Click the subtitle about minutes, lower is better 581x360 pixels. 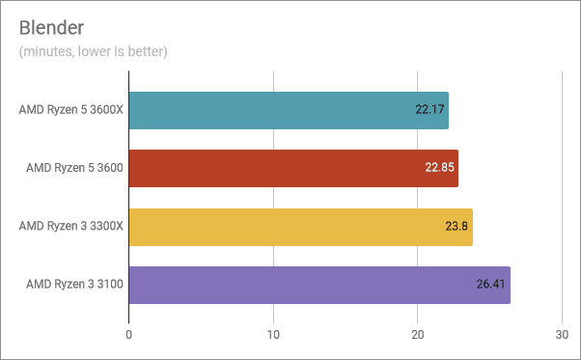pyautogui.click(x=93, y=51)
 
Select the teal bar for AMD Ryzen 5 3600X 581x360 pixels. pyautogui.click(x=288, y=110)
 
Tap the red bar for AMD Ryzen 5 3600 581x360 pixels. pyautogui.click(x=292, y=168)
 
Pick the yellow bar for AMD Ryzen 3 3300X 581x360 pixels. pyautogui.click(x=299, y=227)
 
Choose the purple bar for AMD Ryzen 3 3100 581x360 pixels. pyautogui.click(x=318, y=285)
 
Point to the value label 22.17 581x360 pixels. pyautogui.click(x=429, y=110)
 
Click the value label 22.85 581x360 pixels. pyautogui.click(x=439, y=168)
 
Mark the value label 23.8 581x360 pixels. pyautogui.click(x=456, y=227)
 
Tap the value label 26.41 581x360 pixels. pyautogui.click(x=491, y=285)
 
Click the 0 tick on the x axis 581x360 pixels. pyautogui.click(x=128, y=335)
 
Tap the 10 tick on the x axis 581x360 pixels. pyautogui.click(x=273, y=335)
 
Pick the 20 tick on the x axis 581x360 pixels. pyautogui.click(x=418, y=335)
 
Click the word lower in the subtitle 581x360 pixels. pyautogui.click(x=93, y=51)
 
